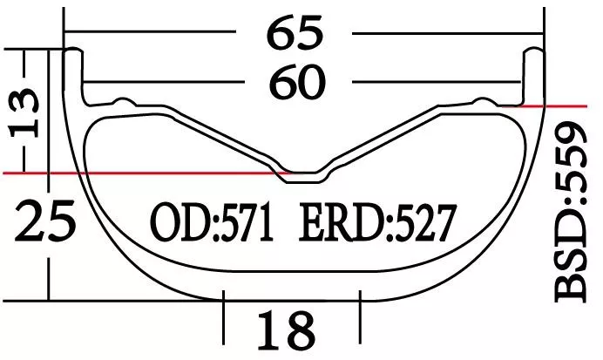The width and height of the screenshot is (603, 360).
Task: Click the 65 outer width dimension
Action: [295, 33]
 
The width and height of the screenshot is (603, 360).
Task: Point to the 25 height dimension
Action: [45, 222]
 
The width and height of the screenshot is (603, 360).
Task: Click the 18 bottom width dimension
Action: [286, 330]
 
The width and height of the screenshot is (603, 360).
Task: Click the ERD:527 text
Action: [377, 224]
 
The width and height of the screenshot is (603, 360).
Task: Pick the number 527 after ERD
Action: [423, 224]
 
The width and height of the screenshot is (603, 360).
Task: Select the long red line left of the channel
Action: [139, 173]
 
